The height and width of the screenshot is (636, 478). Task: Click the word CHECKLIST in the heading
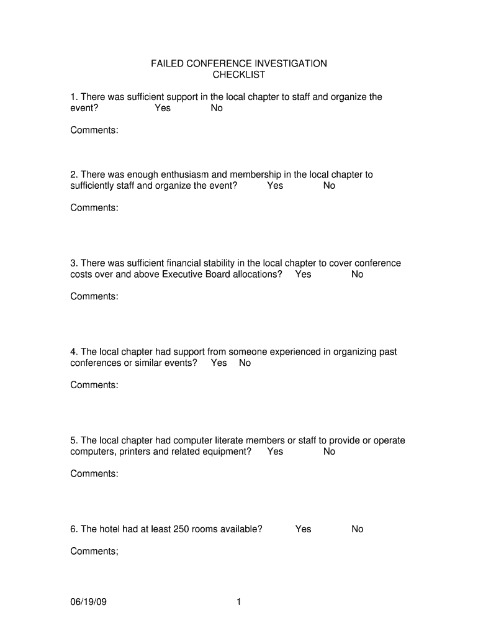pyautogui.click(x=239, y=75)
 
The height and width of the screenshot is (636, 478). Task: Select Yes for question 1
pyautogui.click(x=163, y=108)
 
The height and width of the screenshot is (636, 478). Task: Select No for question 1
pyautogui.click(x=217, y=108)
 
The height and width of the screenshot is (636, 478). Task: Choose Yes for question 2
pyautogui.click(x=275, y=186)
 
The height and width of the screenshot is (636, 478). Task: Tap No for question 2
pyautogui.click(x=329, y=186)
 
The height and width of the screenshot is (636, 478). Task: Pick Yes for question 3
pyautogui.click(x=303, y=275)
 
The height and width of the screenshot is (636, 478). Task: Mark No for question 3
pyautogui.click(x=357, y=275)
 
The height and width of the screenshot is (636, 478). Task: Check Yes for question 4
pyautogui.click(x=219, y=363)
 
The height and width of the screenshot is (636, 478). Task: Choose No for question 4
pyautogui.click(x=245, y=363)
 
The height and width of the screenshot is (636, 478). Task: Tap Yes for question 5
pyautogui.click(x=275, y=452)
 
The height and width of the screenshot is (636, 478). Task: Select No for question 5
pyautogui.click(x=329, y=452)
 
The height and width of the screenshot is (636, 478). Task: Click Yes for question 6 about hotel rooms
pyautogui.click(x=303, y=529)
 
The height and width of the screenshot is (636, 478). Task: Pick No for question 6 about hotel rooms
pyautogui.click(x=357, y=529)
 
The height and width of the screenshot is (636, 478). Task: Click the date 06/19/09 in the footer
pyautogui.click(x=89, y=602)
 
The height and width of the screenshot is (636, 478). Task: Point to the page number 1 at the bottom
pyautogui.click(x=238, y=602)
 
